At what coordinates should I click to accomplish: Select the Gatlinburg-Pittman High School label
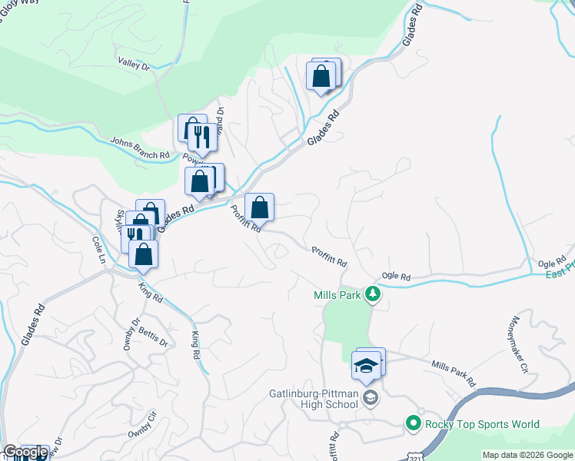point(314,396)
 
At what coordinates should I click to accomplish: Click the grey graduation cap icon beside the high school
point(371,396)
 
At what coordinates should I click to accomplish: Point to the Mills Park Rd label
point(454,374)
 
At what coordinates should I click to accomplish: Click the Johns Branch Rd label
point(139,148)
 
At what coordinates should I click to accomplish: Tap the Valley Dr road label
point(134,65)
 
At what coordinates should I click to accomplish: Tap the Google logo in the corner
point(25,453)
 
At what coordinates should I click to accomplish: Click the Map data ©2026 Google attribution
point(527,455)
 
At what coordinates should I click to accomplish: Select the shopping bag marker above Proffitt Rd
point(260,207)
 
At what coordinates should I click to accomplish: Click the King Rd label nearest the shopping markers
point(151,292)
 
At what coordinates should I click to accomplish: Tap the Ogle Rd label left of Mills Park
point(397,277)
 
